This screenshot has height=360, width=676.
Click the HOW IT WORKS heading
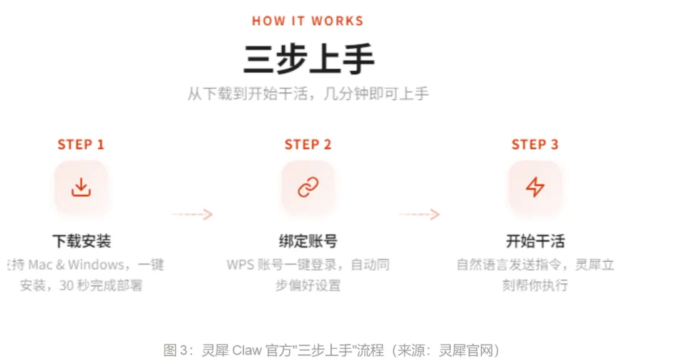point(307,21)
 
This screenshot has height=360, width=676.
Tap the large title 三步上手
point(308,60)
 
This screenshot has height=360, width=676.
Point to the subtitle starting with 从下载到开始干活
point(308,95)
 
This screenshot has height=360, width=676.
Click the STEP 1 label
point(81,145)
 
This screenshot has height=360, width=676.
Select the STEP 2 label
point(308,145)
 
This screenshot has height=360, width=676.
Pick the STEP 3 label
point(535,145)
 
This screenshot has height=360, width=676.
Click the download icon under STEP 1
point(81,187)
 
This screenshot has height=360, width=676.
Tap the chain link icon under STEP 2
point(308,187)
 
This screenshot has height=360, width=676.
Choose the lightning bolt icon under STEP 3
point(535,187)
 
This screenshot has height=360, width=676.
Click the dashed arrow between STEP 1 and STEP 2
point(192,214)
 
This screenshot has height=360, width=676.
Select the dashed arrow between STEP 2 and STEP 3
point(419,214)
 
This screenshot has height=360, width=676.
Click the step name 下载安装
point(81,241)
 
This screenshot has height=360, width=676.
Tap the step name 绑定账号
point(308,241)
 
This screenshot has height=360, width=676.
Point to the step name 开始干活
point(535,241)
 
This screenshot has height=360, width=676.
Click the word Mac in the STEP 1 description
point(41,265)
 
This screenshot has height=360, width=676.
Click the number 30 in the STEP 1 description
point(66,285)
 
